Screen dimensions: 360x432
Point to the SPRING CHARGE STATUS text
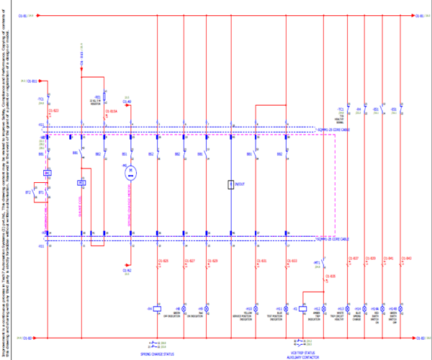click(157, 354)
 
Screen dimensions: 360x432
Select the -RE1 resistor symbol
click(104, 96)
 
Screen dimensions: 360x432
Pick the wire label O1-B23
click(53, 111)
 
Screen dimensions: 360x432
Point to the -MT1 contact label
click(317, 263)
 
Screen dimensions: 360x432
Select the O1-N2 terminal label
click(127, 269)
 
